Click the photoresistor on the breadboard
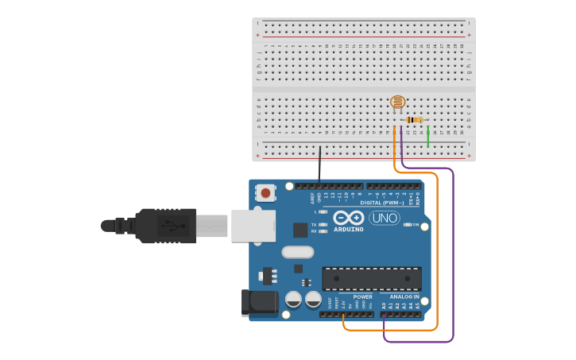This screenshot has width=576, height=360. point(398,101)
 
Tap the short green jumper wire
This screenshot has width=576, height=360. point(428,136)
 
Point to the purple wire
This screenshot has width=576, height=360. point(453,254)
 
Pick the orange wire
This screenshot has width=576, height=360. point(437,254)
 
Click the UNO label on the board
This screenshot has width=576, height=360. point(385,218)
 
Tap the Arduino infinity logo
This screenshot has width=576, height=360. point(349,218)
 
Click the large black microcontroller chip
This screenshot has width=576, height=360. point(372,279)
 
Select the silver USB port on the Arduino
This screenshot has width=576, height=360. point(253,226)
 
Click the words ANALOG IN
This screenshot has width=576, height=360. point(404,296)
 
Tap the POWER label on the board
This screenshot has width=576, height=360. point(362,296)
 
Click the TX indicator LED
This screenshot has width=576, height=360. point(323,225)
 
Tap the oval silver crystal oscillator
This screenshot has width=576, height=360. point(298,253)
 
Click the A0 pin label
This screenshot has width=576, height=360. point(384,304)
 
